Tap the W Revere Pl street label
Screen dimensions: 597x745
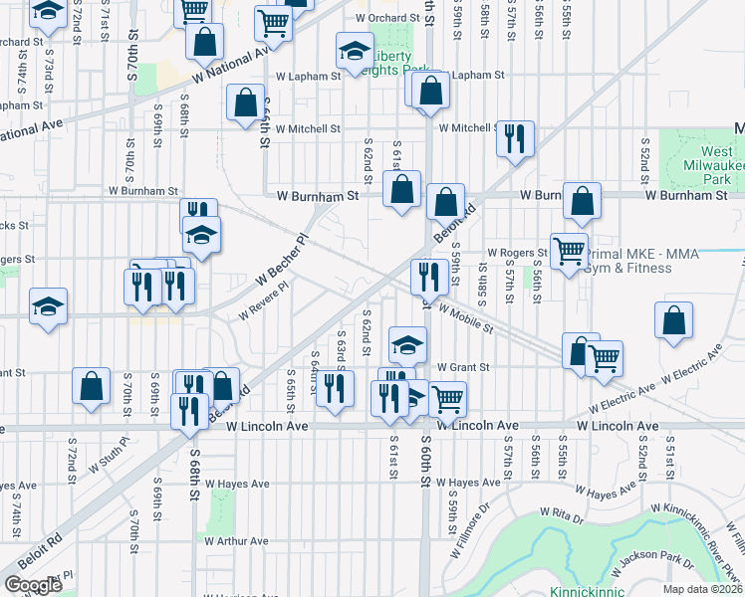click(x=262, y=300)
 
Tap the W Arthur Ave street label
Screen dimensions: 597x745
click(x=236, y=541)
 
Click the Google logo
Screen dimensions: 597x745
click(x=33, y=585)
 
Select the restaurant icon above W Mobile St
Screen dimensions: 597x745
click(x=429, y=275)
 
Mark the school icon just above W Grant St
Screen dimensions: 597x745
click(x=406, y=343)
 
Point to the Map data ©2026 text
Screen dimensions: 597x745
click(x=702, y=589)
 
